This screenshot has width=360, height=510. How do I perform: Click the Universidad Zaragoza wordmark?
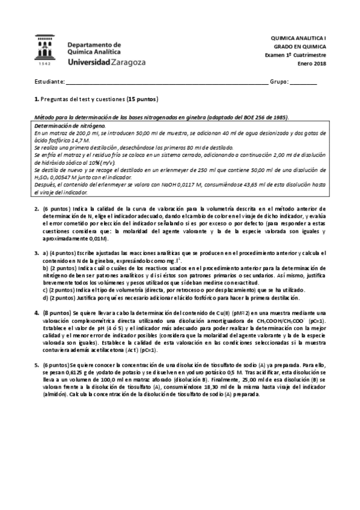pyautogui.click(x=97, y=62)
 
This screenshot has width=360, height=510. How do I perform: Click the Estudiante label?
pyautogui.click(x=49, y=81)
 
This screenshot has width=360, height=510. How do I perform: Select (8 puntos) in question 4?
pyautogui.click(x=57, y=313)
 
